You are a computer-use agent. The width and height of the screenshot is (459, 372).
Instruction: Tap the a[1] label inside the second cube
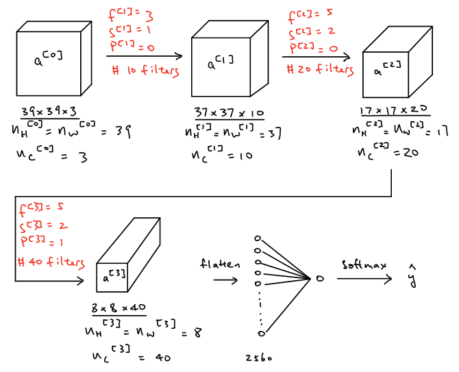221,63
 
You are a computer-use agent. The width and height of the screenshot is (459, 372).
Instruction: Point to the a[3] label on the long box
114,276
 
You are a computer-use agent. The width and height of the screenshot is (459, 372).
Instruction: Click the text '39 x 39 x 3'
49,112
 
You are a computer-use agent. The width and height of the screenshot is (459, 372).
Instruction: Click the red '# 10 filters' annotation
140,71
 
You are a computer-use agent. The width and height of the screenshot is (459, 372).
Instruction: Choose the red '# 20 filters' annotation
319,69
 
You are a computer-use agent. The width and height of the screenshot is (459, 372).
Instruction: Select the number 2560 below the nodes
259,358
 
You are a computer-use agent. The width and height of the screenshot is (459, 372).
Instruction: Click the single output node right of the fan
319,279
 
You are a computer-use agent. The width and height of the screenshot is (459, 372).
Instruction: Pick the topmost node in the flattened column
258,238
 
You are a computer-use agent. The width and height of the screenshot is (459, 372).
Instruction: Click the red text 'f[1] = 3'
130,14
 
